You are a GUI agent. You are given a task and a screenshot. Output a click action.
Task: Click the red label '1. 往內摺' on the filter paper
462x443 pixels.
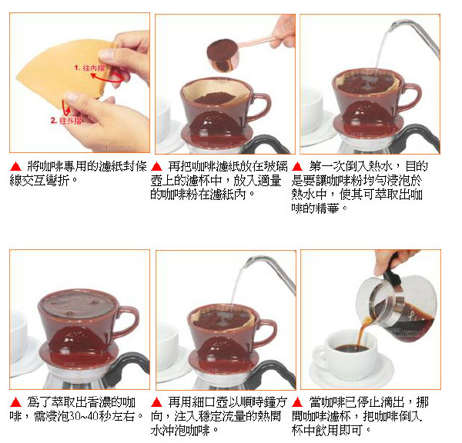[x=89, y=68]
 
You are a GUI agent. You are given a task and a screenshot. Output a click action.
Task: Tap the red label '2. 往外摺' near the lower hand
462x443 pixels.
[x=66, y=121]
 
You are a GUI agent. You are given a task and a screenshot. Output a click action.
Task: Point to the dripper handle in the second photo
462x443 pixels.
[x=263, y=107]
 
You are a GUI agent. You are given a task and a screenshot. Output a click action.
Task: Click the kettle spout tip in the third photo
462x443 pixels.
[x=392, y=28]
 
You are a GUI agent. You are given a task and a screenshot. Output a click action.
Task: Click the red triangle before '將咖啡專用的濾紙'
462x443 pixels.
[x=15, y=167]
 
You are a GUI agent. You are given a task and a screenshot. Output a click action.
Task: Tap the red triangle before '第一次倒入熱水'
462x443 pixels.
[x=297, y=167]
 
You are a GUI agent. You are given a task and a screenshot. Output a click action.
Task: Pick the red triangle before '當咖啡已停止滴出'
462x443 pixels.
[x=297, y=402]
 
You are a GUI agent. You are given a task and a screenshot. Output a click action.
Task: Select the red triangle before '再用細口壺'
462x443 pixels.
[x=156, y=402]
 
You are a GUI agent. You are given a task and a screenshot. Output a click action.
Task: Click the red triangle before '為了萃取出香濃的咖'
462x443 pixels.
[x=15, y=402]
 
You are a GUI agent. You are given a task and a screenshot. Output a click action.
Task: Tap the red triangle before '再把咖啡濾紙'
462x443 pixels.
[x=156, y=167]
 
